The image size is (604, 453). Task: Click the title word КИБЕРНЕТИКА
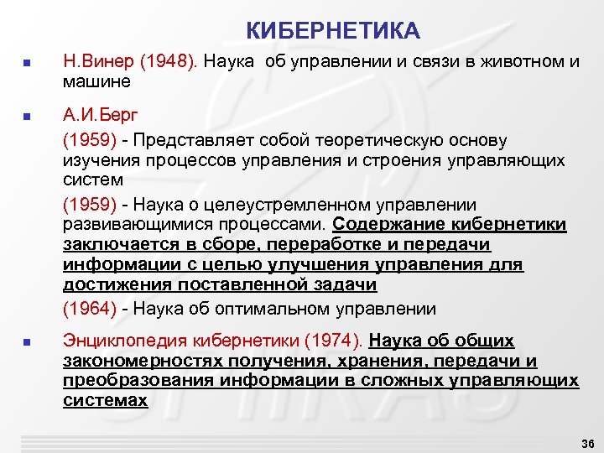click(x=333, y=32)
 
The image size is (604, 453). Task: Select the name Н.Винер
click(x=97, y=64)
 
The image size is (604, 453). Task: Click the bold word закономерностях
click(x=139, y=362)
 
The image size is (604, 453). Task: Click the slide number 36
click(x=586, y=442)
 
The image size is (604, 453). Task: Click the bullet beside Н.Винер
click(x=27, y=65)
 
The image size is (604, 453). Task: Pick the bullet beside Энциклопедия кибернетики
click(x=27, y=342)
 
